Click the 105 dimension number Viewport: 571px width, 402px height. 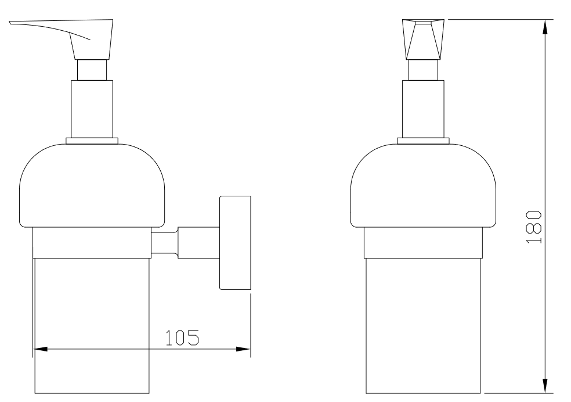pos(182,338)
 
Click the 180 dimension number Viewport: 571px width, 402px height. pos(534,227)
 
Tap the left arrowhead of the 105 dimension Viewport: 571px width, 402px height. pos(40,349)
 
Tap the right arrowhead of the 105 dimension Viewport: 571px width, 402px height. pos(243,349)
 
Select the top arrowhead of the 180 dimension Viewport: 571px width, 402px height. pos(545,27)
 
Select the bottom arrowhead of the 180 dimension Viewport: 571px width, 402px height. pos(545,386)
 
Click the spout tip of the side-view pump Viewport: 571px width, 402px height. pos(10,23)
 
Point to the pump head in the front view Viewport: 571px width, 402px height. pos(423,40)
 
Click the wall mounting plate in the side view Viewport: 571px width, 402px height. pos(235,243)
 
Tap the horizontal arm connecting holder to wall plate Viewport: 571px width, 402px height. pos(185,243)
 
